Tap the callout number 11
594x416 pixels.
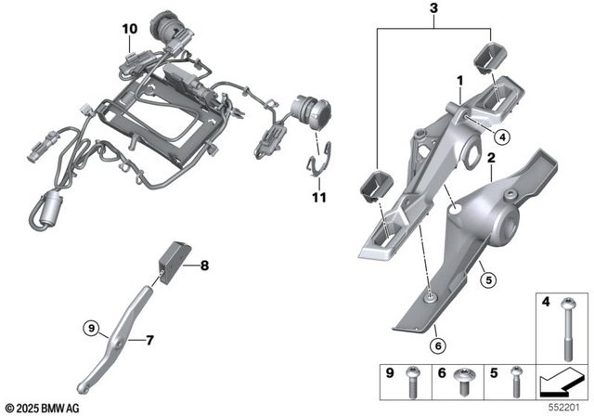tap(319, 197)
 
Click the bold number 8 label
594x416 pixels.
tap(204, 266)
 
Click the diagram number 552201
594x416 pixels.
tap(568, 407)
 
